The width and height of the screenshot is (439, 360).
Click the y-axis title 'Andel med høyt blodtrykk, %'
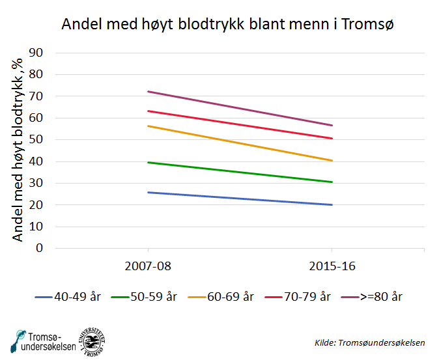pyautogui.click(x=18, y=150)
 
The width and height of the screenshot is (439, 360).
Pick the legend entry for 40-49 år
pyautogui.click(x=68, y=296)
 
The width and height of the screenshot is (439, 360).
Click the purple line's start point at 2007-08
pyautogui.click(x=149, y=91)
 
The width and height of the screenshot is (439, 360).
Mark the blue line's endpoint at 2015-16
pyautogui.click(x=332, y=204)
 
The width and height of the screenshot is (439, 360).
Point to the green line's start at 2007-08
pyautogui.click(x=149, y=162)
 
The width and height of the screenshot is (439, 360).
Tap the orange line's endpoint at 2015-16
pyautogui.click(x=332, y=160)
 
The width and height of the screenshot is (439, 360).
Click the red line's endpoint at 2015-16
pyautogui.click(x=332, y=138)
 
